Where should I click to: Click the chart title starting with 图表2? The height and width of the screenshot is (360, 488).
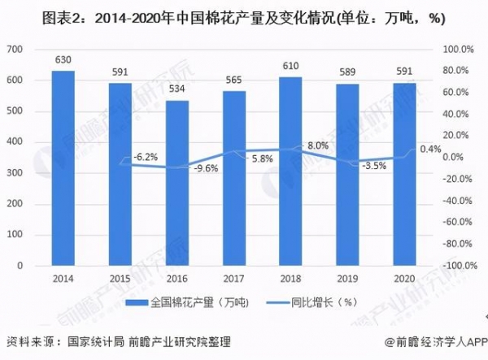243,16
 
